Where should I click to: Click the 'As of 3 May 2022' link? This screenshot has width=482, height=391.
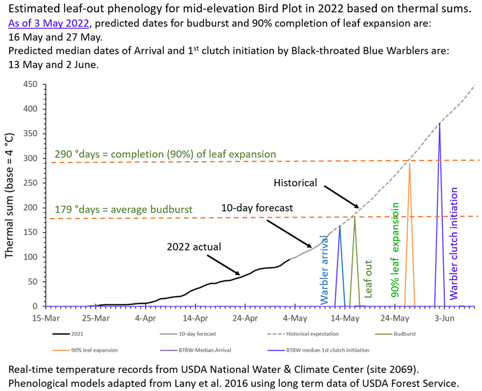tap(49, 23)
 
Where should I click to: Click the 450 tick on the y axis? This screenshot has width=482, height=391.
tap(30, 84)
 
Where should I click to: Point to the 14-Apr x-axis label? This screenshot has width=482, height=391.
tap(195, 318)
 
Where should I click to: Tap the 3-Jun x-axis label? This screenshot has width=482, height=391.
tap(445, 318)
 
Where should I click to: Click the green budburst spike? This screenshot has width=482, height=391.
tap(355, 262)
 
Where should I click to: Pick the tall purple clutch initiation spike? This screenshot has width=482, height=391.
tap(440, 215)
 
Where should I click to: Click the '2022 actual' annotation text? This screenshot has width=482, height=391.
tap(194, 247)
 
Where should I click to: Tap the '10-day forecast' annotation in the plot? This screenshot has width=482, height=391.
tap(257, 208)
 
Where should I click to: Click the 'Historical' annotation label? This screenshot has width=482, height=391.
tap(296, 183)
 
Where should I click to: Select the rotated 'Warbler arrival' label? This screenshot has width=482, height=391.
tap(324, 270)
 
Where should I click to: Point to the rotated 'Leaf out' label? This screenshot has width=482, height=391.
tap(368, 279)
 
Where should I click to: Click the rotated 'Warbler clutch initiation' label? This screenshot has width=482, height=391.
tap(454, 244)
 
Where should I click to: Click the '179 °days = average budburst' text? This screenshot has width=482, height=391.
tap(124, 210)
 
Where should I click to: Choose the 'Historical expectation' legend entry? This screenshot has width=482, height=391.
tap(303, 334)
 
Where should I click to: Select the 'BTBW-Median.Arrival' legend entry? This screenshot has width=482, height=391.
tap(196, 350)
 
